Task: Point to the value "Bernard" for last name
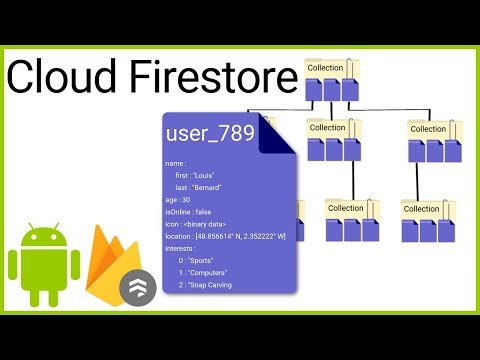pyautogui.click(x=215, y=187)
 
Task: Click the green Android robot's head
pyautogui.click(x=43, y=239)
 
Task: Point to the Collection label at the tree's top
pyautogui.click(x=326, y=68)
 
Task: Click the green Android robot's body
pyautogui.click(x=43, y=272)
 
